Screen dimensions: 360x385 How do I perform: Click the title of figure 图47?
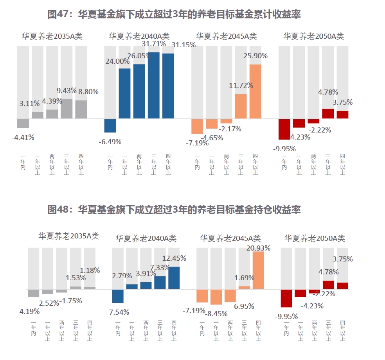coord(174,14)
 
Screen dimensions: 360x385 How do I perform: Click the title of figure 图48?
coord(174,210)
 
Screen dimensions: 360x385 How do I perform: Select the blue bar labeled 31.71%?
coord(153,85)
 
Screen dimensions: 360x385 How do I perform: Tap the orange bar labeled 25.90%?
coord(255,91)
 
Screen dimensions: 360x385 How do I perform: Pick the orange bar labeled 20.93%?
coord(258,270)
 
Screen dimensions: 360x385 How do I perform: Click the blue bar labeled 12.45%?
coord(174,278)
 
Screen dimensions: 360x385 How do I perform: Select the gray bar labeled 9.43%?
coord(67,109)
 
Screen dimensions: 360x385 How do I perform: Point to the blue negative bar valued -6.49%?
coord(110,125)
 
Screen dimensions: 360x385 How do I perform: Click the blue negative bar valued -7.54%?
coord(118,296)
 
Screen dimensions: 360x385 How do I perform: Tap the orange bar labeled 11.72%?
coord(241,106)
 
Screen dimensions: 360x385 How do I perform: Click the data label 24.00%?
coord(117,61)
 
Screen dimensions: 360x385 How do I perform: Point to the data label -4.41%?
coord(23,137)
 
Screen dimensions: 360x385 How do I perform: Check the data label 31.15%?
coord(184,45)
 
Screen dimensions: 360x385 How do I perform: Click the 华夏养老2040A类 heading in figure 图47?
coord(139,36)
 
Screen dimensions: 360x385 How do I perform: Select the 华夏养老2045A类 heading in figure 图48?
coord(230,238)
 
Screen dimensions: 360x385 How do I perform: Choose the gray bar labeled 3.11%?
coord(38,115)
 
